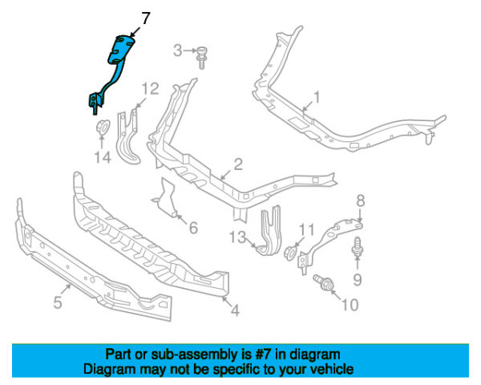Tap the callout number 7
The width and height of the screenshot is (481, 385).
click(x=145, y=18)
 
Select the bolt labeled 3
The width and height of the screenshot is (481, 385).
click(x=201, y=58)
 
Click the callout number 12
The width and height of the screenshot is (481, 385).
click(x=151, y=89)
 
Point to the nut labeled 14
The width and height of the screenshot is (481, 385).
click(x=102, y=127)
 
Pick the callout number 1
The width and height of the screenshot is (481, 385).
click(x=317, y=97)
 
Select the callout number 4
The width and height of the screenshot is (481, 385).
click(x=235, y=310)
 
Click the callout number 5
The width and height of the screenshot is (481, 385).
click(x=58, y=302)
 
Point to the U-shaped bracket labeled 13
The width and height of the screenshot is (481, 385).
click(x=271, y=230)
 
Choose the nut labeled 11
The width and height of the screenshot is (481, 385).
click(x=290, y=253)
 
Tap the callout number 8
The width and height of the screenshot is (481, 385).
click(x=361, y=201)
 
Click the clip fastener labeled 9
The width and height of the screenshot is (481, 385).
click(x=358, y=247)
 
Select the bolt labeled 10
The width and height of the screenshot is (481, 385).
click(x=322, y=283)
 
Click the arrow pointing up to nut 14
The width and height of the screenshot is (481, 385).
click(x=102, y=142)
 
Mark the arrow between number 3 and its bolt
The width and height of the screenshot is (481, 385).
click(x=190, y=51)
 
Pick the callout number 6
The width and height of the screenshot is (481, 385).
click(x=193, y=228)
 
